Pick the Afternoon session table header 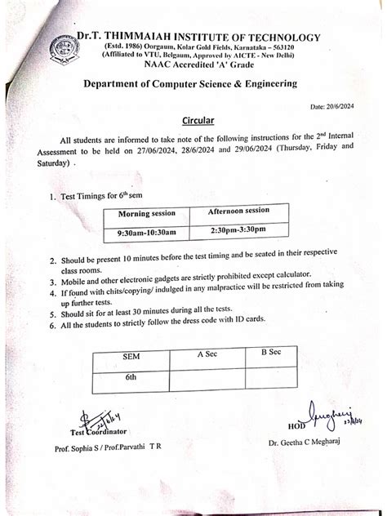(x=239, y=211)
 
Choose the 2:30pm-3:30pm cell (x=239, y=230)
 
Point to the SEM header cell (x=131, y=358)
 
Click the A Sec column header (x=207, y=354)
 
